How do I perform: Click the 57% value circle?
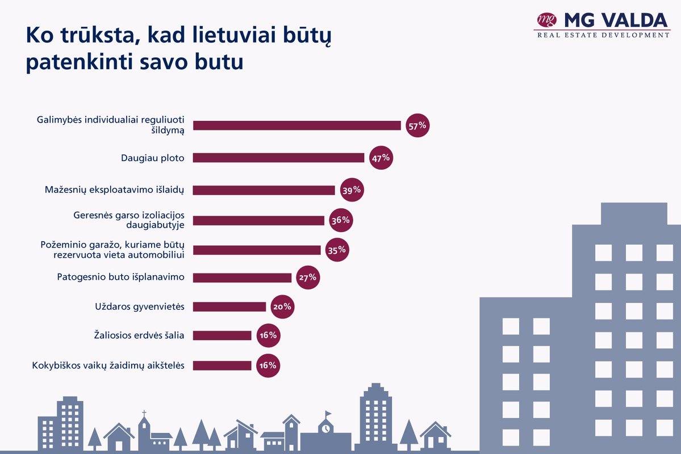pyautogui.click(x=417, y=125)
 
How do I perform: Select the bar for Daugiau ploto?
pyautogui.click(x=278, y=158)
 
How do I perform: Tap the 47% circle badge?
pyautogui.click(x=381, y=158)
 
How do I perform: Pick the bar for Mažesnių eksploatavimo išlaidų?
pyautogui.click(x=264, y=190)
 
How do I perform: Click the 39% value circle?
pyautogui.click(x=351, y=190)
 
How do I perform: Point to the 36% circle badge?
pyautogui.click(x=340, y=220)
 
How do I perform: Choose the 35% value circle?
pyautogui.click(x=337, y=250)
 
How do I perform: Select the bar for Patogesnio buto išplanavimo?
pyautogui.click(x=242, y=278)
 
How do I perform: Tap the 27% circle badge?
pyautogui.click(x=308, y=278)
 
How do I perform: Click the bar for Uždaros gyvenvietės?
pyautogui.click(x=229, y=307)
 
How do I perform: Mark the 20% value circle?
pyautogui.click(x=282, y=307)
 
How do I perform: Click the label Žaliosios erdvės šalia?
pyautogui.click(x=139, y=335)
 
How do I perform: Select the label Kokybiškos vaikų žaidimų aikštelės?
pyautogui.click(x=108, y=365)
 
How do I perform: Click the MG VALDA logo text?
pyautogui.click(x=616, y=20)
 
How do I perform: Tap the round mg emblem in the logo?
pyautogui.click(x=546, y=20)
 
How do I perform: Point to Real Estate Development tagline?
pyautogui.click(x=603, y=35)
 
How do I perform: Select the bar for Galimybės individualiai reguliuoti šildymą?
pyautogui.click(x=297, y=125)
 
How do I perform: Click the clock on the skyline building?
pyautogui.click(x=326, y=428)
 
